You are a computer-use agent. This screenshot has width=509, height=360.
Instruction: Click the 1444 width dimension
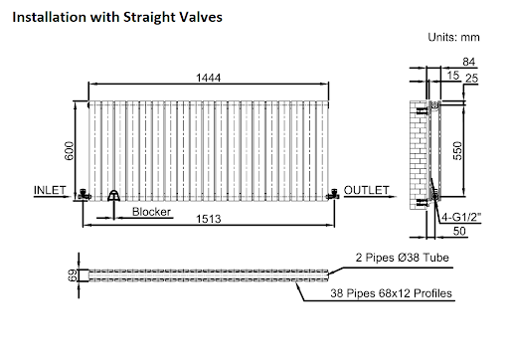(208, 78)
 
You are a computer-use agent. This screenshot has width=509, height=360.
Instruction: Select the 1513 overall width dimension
(208, 219)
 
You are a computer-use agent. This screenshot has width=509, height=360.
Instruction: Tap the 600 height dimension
(70, 151)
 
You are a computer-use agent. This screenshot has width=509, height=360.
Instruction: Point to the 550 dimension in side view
(457, 151)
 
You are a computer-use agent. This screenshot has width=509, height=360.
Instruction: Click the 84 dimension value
(469, 62)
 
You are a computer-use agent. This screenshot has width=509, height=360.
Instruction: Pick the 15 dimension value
(452, 76)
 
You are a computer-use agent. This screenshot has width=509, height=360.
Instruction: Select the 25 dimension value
(471, 79)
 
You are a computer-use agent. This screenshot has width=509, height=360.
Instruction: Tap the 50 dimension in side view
(459, 231)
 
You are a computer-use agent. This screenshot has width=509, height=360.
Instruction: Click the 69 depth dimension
(73, 275)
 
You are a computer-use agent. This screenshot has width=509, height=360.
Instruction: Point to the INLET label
(50, 190)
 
